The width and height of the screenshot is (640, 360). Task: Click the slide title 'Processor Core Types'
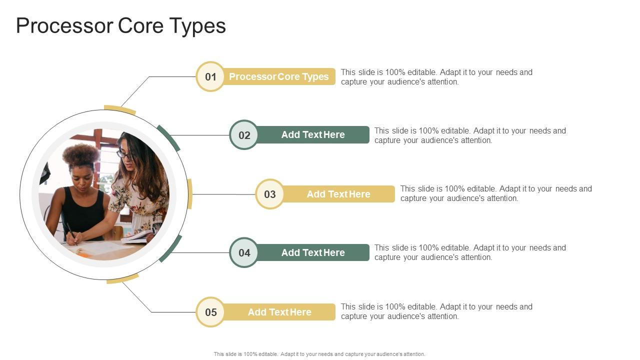pyautogui.click(x=121, y=26)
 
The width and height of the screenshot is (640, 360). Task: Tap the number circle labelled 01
pyautogui.click(x=210, y=76)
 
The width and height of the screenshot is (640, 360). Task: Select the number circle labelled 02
pyautogui.click(x=244, y=135)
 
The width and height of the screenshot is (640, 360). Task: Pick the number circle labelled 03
pyautogui.click(x=270, y=194)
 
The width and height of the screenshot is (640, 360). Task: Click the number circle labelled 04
pyautogui.click(x=244, y=252)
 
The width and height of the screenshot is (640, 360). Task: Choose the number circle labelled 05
pyautogui.click(x=210, y=312)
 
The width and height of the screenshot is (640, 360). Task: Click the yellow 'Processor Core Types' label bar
pyautogui.click(x=279, y=76)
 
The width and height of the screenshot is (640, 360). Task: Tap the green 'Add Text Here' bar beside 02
pyautogui.click(x=313, y=135)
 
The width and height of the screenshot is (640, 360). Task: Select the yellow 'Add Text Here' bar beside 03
pyautogui.click(x=338, y=194)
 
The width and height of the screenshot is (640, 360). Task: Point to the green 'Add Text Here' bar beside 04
pyautogui.click(x=313, y=252)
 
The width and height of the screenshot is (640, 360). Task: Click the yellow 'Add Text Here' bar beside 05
pyautogui.click(x=279, y=312)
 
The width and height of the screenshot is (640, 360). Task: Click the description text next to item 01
pyautogui.click(x=436, y=77)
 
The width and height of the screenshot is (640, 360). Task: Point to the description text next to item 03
pyautogui.click(x=496, y=193)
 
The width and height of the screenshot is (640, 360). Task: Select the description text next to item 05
pyautogui.click(x=436, y=311)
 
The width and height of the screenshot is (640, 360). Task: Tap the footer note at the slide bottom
pyautogui.click(x=319, y=354)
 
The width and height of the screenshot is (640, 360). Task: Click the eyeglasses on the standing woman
pyautogui.click(x=125, y=155)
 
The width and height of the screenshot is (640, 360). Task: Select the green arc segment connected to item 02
pyautogui.click(x=168, y=137)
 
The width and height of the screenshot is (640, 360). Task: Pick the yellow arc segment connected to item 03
pyautogui.click(x=190, y=194)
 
